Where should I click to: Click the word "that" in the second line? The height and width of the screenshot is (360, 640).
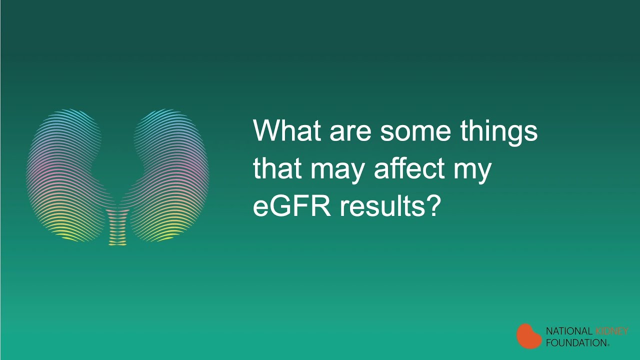tap(277, 168)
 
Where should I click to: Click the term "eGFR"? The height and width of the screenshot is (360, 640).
tap(292, 205)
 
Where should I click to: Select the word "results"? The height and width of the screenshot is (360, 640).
tap(381, 205)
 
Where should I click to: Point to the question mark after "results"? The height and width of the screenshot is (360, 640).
tap(432, 205)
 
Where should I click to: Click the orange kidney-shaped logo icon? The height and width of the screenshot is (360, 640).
tap(528, 336)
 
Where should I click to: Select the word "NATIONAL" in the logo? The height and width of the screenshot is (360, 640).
tap(569, 331)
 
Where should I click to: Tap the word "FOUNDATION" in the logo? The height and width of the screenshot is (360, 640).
tap(576, 342)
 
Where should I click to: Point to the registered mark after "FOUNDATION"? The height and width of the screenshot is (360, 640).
tap(608, 345)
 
